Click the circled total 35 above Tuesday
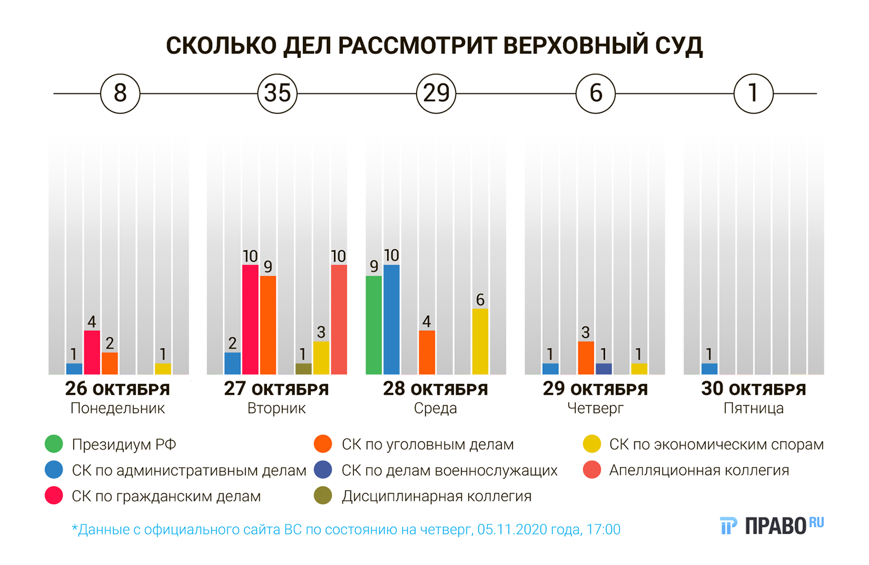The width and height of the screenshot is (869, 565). click(x=277, y=93)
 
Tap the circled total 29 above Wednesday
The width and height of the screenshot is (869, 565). click(x=436, y=93)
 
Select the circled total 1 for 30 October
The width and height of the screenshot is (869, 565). click(x=753, y=93)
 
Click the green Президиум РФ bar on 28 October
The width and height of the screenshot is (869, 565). click(x=374, y=325)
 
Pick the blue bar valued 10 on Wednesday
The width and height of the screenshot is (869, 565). click(x=392, y=319)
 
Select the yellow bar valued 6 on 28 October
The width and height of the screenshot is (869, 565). click(x=480, y=341)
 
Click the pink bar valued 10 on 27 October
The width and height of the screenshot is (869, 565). click(x=250, y=319)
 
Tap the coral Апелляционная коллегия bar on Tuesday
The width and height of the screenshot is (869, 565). click(x=339, y=319)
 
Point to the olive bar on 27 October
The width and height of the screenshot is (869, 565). click(x=304, y=369)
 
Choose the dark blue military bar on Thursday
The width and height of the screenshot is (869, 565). click(x=604, y=369)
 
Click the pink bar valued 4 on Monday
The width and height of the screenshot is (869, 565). click(x=92, y=352)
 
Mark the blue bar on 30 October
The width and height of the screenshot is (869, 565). click(x=709, y=369)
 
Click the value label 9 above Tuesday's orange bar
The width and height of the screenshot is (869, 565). click(x=268, y=267)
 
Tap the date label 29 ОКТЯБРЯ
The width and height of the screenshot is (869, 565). click(x=595, y=389)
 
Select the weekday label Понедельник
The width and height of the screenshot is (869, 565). click(x=118, y=409)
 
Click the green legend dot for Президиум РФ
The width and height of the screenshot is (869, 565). click(x=54, y=444)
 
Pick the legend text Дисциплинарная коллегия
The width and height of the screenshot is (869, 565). click(x=436, y=497)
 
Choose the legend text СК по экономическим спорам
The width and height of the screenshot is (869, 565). click(x=716, y=444)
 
